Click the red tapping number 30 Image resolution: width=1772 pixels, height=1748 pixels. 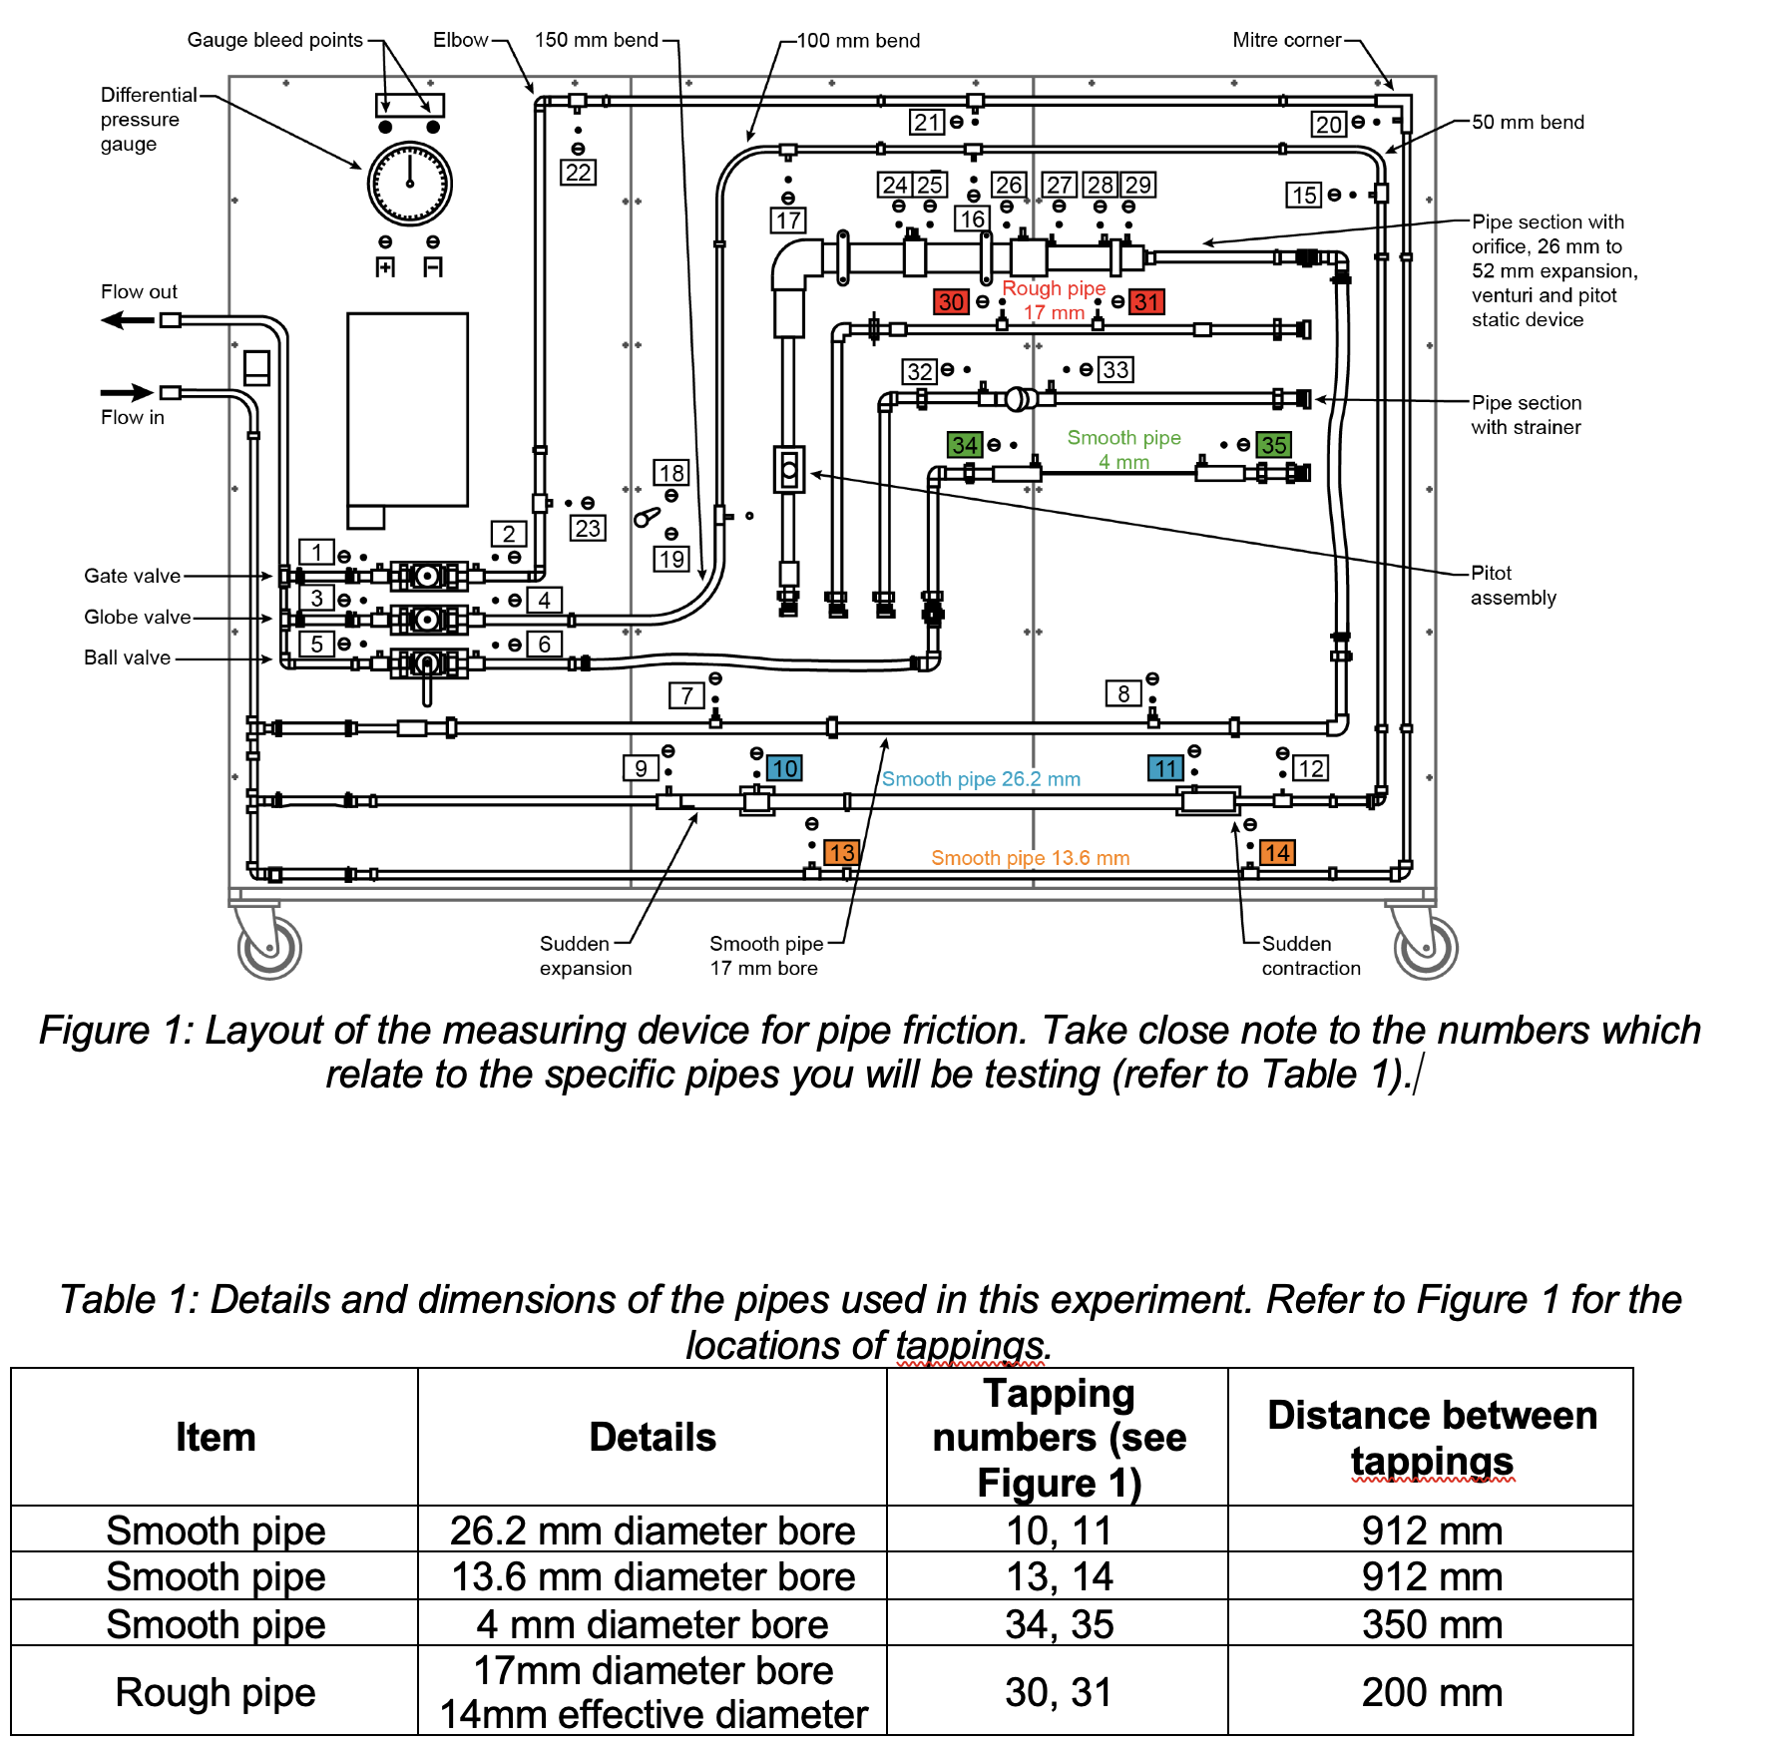[x=951, y=301]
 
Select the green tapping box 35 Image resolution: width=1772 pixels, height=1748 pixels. [x=1273, y=445]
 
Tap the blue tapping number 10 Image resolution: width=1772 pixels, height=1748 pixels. [x=783, y=768]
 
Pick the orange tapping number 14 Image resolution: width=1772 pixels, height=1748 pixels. [x=1277, y=853]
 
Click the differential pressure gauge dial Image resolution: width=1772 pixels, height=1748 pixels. [x=410, y=185]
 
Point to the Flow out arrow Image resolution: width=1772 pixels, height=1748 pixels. [x=127, y=320]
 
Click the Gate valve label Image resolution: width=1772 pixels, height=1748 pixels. [x=132, y=576]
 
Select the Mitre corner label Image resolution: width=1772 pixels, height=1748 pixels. [x=1286, y=40]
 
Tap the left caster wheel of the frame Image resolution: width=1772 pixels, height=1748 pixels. [x=269, y=948]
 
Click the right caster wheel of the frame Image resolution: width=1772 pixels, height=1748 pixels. [x=1426, y=948]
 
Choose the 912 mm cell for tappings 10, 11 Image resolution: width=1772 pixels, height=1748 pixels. [x=1431, y=1530]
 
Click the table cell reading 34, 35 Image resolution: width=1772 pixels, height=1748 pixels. [x=1059, y=1624]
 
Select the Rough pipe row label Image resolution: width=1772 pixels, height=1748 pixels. [x=215, y=1692]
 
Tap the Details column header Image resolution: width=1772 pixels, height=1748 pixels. [x=653, y=1437]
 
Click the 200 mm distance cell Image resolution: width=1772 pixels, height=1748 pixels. [x=1431, y=1692]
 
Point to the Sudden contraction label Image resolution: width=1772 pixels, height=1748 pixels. [x=1310, y=956]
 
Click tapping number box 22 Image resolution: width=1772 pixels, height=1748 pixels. [x=579, y=172]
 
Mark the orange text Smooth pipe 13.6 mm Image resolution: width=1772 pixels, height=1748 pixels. [x=1030, y=858]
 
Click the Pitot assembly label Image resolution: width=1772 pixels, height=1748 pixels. [x=1513, y=586]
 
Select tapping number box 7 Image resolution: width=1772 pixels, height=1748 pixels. [x=686, y=695]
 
